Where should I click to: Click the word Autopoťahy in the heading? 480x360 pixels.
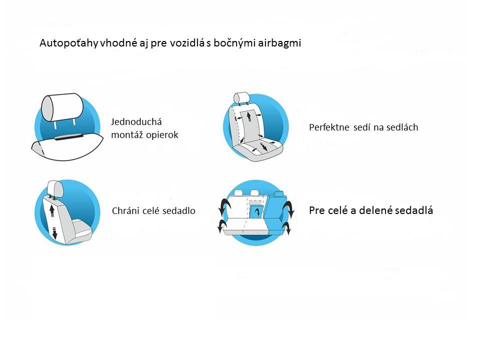tap(68, 43)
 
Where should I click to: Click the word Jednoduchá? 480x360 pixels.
tap(136, 122)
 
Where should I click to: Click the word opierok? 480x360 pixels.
tap(162, 135)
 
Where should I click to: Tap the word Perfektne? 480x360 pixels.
tap(329, 127)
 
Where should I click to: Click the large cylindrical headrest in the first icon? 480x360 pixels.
tap(62, 107)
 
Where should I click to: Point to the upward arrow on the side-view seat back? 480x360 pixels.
tap(52, 210)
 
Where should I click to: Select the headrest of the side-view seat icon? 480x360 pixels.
tap(55, 189)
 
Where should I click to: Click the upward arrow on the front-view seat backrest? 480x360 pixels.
tap(249, 116)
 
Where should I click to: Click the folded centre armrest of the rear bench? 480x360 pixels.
tap(256, 211)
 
